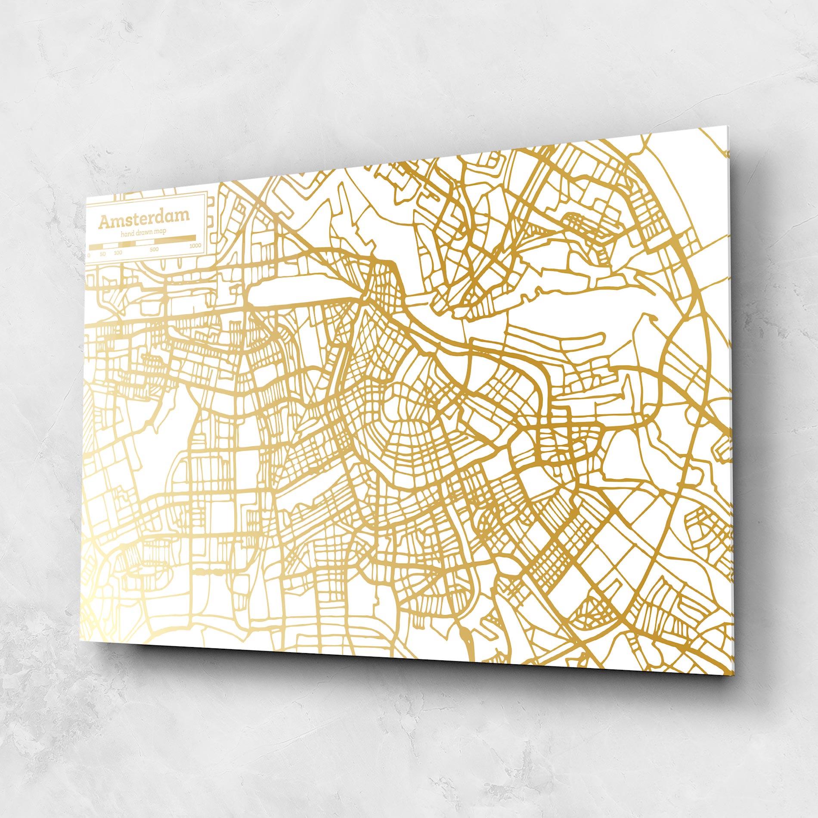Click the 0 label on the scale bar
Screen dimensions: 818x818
[89, 255]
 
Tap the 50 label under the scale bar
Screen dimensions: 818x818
[103, 254]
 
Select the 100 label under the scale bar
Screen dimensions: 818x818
[118, 253]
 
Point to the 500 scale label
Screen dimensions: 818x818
[154, 250]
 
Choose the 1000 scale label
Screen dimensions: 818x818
[195, 246]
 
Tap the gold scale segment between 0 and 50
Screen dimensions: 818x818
[96, 247]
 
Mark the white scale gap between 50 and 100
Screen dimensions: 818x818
[110, 246]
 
